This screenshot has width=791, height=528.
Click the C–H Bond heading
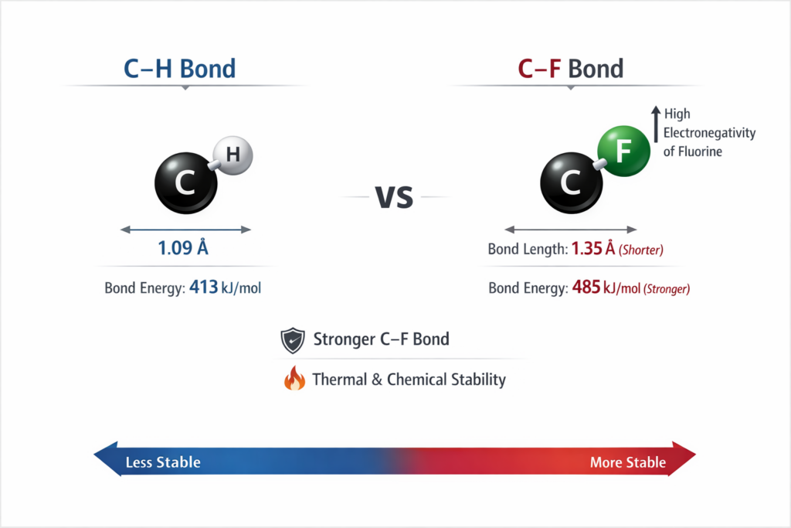[x=179, y=69]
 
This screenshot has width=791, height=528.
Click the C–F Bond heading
[x=570, y=69]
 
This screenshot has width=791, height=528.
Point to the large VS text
[x=394, y=197]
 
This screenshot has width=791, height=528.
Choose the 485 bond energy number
[x=587, y=288]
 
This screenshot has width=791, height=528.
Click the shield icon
[x=292, y=340]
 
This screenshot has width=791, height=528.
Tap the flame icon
[x=294, y=379]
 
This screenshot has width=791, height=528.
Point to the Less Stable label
[x=163, y=462]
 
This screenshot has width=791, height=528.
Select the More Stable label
[x=627, y=462]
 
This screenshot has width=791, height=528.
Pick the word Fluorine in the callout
[x=699, y=152]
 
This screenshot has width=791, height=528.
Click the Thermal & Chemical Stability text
[x=409, y=380]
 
